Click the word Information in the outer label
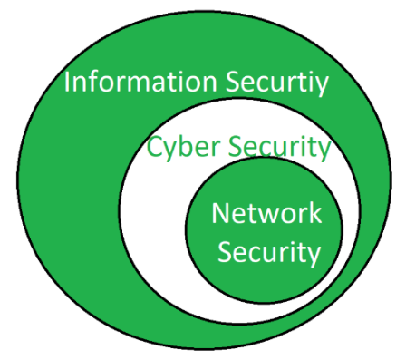coord(141,83)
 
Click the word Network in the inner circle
coord(266,214)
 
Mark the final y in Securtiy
coord(321,86)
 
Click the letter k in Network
coord(314,214)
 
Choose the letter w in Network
coord(269,216)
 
